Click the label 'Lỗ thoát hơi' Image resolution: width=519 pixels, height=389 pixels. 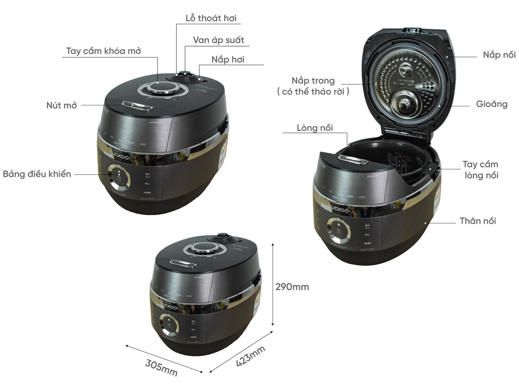[208, 18]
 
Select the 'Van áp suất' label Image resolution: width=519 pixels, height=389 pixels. [218, 40]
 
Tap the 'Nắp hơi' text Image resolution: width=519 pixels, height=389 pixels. [228, 60]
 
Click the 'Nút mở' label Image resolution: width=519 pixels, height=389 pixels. [61, 105]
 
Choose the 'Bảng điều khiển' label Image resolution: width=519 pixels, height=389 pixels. [37, 174]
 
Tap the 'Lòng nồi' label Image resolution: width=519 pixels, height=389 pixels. [315, 128]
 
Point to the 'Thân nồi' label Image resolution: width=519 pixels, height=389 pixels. [478, 221]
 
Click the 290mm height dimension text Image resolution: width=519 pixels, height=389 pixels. [293, 287]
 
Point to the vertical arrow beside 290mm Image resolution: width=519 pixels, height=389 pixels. [272, 285]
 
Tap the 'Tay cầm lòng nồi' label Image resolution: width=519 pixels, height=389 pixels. [480, 170]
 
